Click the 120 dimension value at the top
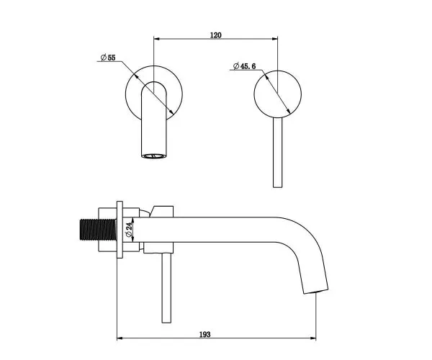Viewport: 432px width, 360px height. point(216,35)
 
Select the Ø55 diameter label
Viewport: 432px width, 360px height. point(108,58)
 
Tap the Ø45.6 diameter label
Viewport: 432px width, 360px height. point(244,66)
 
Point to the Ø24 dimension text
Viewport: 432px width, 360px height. point(129,230)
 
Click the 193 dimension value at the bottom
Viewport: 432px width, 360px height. point(204,334)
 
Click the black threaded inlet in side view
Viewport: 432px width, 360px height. point(98,230)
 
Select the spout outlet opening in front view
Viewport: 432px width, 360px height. point(154,156)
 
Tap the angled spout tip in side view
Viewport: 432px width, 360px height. point(316,292)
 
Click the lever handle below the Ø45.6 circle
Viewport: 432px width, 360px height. point(277,153)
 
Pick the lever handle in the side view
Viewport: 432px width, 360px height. point(166,287)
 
